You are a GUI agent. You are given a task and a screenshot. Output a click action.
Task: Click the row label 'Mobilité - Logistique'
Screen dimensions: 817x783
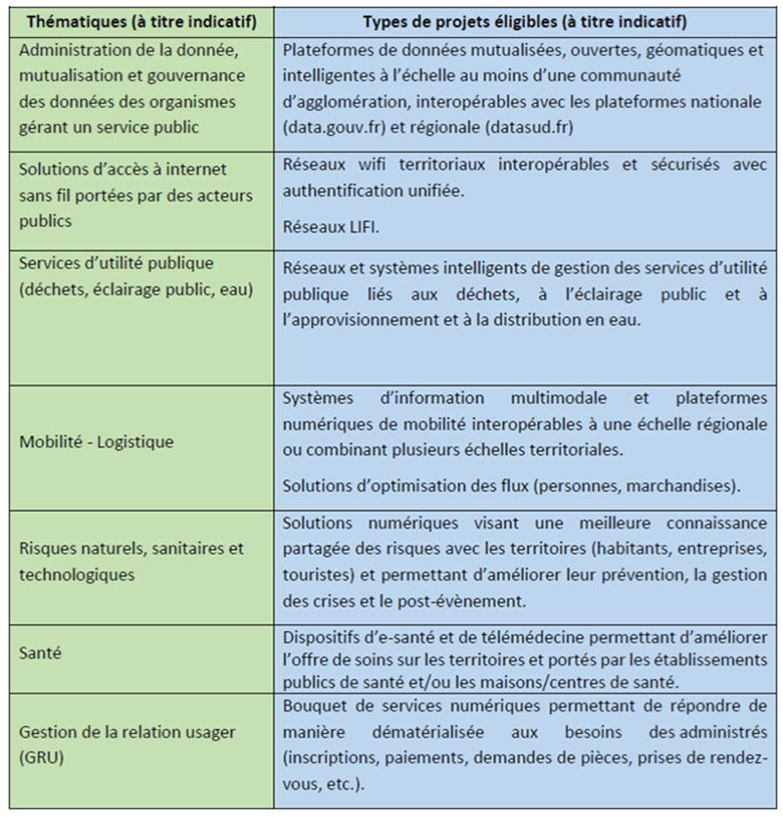tap(96, 441)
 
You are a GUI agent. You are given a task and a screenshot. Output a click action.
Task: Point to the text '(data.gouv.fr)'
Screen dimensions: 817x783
tap(329, 127)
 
